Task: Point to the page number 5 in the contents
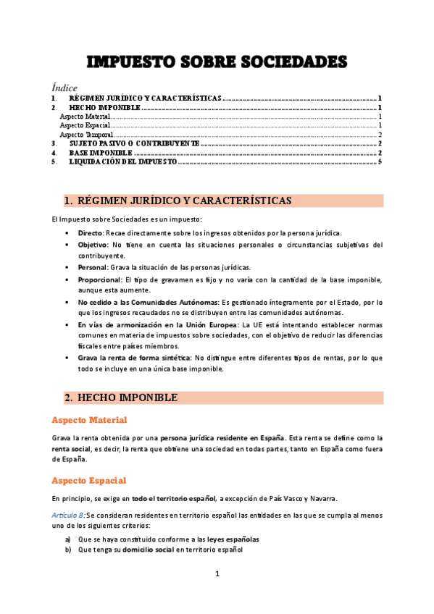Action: pyautogui.click(x=380, y=162)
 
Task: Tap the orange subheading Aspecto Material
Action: pyautogui.click(x=90, y=421)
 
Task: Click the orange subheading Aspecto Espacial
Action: pyautogui.click(x=89, y=480)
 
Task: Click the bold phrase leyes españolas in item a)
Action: pyautogui.click(x=230, y=539)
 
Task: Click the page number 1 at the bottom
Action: pyautogui.click(x=217, y=574)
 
